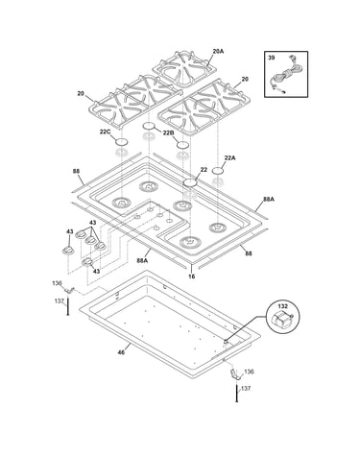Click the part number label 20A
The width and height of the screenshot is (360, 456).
(218, 51)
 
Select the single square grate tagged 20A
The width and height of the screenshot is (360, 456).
(183, 68)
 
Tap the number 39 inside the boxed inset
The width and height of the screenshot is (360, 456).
(271, 58)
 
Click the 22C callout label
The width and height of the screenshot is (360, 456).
(105, 132)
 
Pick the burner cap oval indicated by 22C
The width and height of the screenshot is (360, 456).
(121, 141)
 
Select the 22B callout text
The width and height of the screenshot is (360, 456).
(168, 132)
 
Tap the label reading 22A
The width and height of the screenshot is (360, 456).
(230, 157)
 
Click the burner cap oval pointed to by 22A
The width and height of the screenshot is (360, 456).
(218, 170)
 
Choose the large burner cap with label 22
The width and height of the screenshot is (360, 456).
(189, 183)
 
